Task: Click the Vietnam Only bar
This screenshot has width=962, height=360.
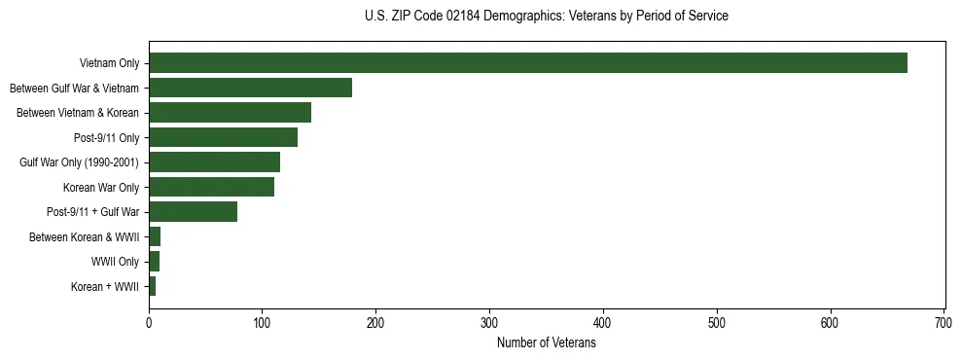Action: pos(527,63)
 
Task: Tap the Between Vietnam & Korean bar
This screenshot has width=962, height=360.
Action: pos(230,113)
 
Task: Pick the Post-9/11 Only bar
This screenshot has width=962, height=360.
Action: pos(223,137)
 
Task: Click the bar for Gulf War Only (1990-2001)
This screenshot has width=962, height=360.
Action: pos(214,162)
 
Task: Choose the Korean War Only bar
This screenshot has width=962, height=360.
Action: pos(211,187)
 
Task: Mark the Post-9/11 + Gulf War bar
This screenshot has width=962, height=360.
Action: pos(193,212)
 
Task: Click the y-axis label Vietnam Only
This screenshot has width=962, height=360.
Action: pos(109,64)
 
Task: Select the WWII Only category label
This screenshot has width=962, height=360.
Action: pos(115,262)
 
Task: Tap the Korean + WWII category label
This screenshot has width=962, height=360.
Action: pos(105,287)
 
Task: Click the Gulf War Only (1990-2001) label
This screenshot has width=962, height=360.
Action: pos(79,162)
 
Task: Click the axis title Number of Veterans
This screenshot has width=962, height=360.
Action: pos(546,342)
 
